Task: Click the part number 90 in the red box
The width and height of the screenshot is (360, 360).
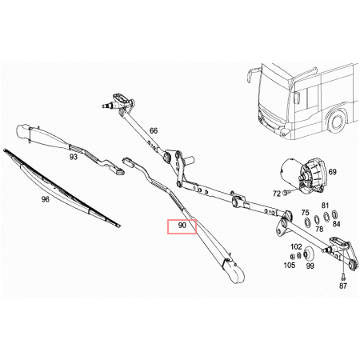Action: [182, 226]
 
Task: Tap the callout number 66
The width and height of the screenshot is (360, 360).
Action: [154, 130]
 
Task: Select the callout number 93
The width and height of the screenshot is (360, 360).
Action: [74, 157]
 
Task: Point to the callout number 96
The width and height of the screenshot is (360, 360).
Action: [46, 199]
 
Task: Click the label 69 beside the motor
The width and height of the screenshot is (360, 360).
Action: [332, 172]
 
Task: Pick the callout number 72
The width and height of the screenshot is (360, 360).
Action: [277, 194]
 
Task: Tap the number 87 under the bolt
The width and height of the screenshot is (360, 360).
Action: [343, 286]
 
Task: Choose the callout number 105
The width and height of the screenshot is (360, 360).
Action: [290, 265]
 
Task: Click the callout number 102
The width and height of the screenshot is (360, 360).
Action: [296, 246]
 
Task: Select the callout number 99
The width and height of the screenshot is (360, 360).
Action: [310, 266]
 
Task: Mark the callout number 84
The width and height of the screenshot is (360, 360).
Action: [336, 224]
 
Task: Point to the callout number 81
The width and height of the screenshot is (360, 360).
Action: [325, 206]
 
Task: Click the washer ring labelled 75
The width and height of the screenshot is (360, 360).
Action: [307, 222]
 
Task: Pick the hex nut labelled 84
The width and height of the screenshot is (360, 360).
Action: [334, 214]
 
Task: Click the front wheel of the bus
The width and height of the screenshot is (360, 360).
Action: [337, 122]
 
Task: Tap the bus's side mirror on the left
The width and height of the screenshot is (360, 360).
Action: [250, 75]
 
